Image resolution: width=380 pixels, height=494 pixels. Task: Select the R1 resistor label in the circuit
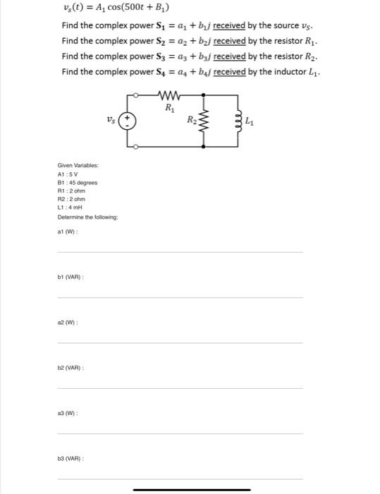169,108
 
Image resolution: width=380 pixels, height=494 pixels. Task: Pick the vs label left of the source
111,120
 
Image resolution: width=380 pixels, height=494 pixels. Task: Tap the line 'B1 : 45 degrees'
78,182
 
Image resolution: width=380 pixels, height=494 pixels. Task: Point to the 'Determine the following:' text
88,217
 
